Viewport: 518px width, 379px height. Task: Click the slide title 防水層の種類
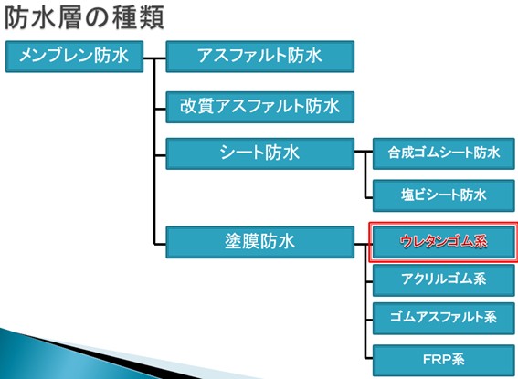[85, 18]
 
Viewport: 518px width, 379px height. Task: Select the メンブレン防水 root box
[74, 57]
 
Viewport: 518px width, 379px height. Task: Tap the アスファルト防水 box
[259, 57]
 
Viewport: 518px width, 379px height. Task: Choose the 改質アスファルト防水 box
[259, 107]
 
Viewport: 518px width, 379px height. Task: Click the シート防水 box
[259, 153]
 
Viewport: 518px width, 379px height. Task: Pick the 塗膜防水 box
[259, 242]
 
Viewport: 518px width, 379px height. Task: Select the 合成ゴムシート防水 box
[444, 153]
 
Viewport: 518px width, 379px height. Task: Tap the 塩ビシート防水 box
[444, 195]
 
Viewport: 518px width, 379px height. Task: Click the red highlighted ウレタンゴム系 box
[444, 242]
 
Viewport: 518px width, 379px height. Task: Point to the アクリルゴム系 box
[444, 280]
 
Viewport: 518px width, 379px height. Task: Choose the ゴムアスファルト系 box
[444, 318]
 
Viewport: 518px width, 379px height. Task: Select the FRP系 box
[444, 360]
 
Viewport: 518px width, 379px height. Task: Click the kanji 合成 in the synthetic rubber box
[400, 153]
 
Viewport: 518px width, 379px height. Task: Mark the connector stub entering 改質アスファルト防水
[160, 109]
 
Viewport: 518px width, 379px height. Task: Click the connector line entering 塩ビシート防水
[369, 198]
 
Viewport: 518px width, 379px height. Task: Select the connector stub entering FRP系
[369, 358]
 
